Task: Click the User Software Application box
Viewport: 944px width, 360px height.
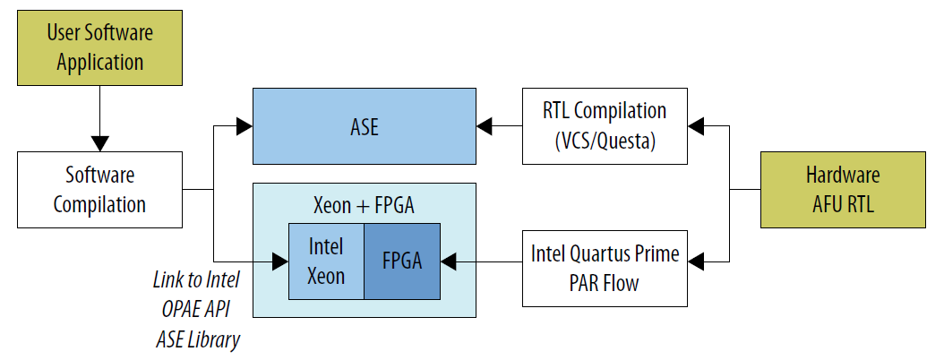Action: (99, 48)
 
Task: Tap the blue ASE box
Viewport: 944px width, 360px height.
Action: (364, 126)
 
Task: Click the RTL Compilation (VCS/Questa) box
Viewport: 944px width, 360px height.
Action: (605, 125)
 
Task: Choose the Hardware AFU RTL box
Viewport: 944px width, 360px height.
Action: (841, 189)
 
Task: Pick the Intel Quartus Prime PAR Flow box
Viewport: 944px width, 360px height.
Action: (605, 269)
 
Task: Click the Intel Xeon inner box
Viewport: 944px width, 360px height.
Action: (326, 261)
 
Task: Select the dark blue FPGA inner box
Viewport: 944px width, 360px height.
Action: (402, 261)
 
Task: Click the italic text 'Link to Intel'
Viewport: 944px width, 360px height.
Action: (197, 279)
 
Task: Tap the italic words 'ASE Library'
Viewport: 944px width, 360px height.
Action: (197, 339)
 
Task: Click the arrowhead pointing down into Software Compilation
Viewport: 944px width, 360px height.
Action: (99, 143)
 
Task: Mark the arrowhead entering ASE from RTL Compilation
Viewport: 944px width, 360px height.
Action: (485, 126)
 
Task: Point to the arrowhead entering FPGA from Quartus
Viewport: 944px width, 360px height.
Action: (449, 261)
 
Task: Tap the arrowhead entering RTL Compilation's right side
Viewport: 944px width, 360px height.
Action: (696, 126)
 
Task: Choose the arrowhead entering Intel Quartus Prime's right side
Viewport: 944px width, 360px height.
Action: (696, 261)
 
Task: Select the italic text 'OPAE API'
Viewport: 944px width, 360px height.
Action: (197, 309)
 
